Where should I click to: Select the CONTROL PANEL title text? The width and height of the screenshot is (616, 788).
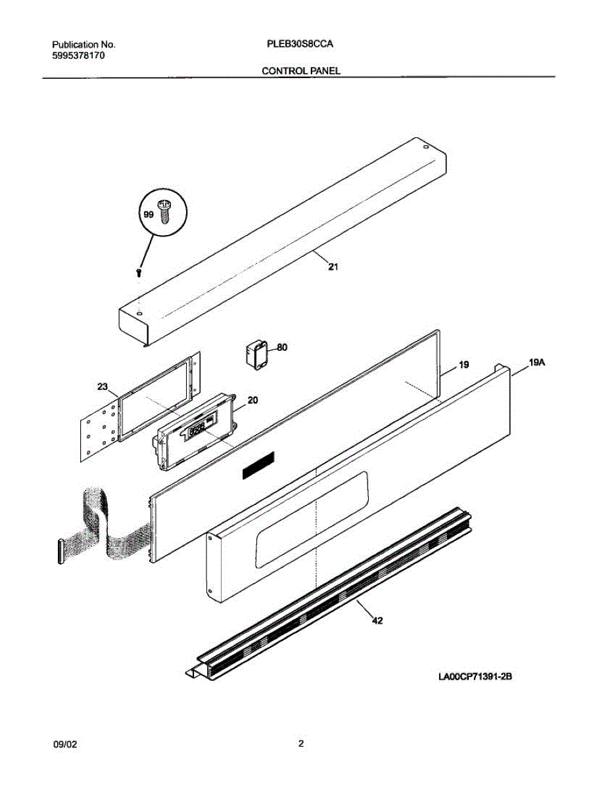pyautogui.click(x=301, y=70)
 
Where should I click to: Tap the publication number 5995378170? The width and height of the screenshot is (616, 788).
pyautogui.click(x=78, y=56)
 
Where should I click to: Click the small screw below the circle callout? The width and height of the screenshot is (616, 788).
pyautogui.click(x=139, y=273)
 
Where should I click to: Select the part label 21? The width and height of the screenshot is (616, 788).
pyautogui.click(x=333, y=267)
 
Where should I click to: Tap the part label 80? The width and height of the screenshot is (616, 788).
pyautogui.click(x=282, y=348)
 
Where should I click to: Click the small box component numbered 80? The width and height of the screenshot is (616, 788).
pyautogui.click(x=256, y=355)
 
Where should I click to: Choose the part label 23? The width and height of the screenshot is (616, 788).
pyautogui.click(x=103, y=387)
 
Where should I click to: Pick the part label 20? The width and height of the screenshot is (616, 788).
pyautogui.click(x=252, y=399)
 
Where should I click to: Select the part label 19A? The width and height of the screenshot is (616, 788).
pyautogui.click(x=538, y=361)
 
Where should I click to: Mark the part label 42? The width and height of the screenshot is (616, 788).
pyautogui.click(x=377, y=620)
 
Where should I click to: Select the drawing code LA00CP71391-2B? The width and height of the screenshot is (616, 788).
pyautogui.click(x=475, y=676)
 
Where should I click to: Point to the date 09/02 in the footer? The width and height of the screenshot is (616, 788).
pyautogui.click(x=65, y=745)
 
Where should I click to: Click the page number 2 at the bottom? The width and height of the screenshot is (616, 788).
pyautogui.click(x=301, y=744)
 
